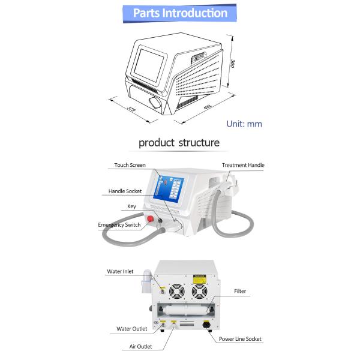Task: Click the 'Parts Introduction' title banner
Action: click(x=179, y=13)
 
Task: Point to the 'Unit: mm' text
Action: click(x=244, y=124)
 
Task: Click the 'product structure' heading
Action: click(x=179, y=143)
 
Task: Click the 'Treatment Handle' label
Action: click(x=243, y=165)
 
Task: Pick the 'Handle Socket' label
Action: click(x=125, y=191)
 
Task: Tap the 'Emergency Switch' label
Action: click(x=119, y=225)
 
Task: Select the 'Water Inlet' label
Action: click(x=120, y=271)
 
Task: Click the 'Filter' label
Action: click(x=240, y=292)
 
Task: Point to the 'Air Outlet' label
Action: click(x=141, y=346)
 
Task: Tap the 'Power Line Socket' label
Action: click(x=241, y=338)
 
